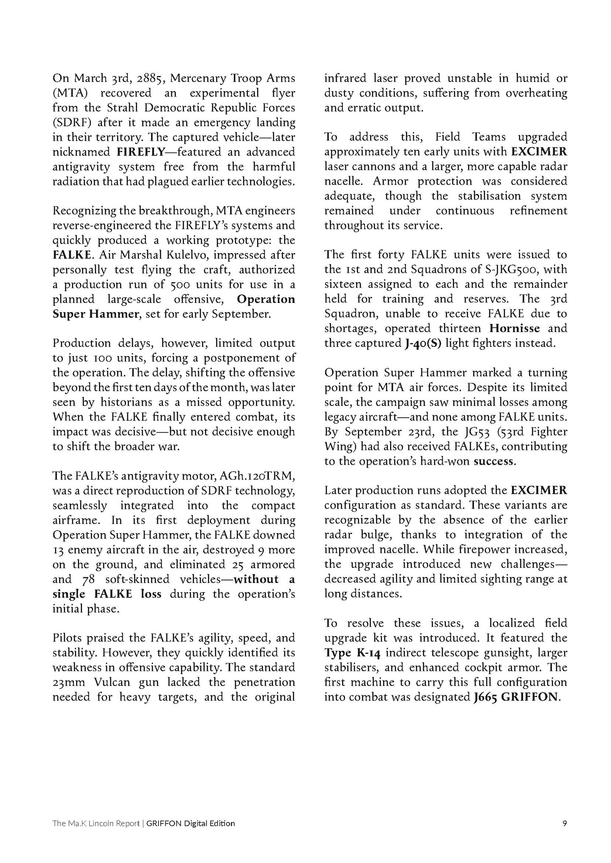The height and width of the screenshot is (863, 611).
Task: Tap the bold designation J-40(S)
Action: pyautogui.click(x=422, y=343)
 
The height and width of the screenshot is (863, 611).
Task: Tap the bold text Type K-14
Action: pyautogui.click(x=353, y=653)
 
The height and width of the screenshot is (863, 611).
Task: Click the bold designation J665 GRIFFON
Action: pyautogui.click(x=516, y=697)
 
